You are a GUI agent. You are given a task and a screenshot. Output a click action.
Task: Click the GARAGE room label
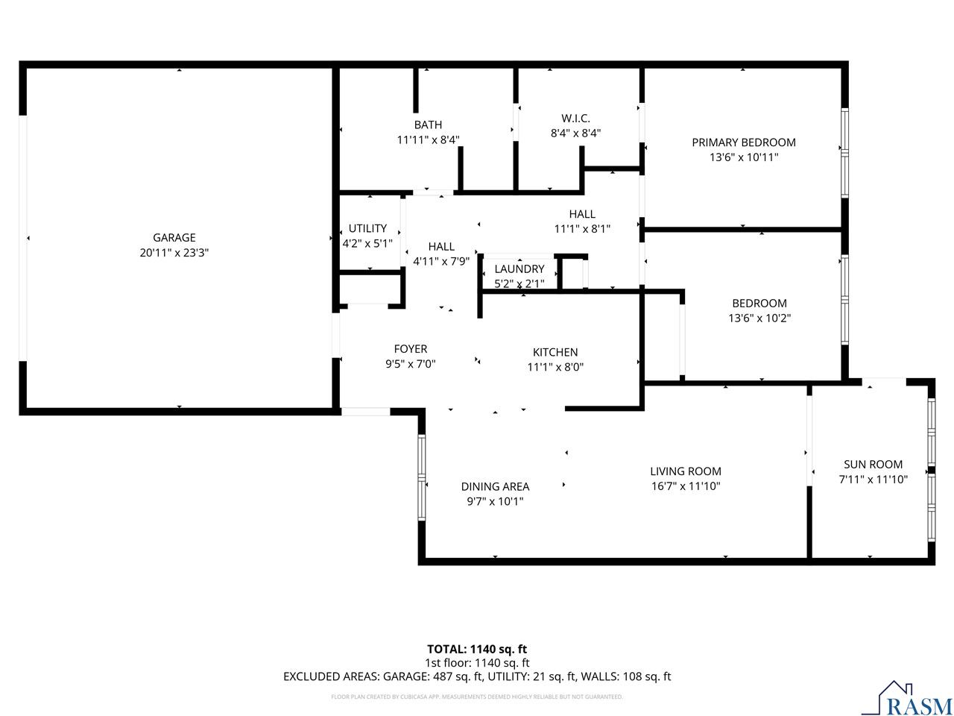coord(174,238)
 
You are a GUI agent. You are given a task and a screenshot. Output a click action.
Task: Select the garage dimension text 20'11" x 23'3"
coord(174,253)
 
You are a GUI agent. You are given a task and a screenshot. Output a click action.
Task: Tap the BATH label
coord(428,125)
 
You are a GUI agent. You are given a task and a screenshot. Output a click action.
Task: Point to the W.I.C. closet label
coord(575,118)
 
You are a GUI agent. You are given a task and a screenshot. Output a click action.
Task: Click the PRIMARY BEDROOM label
coord(743,142)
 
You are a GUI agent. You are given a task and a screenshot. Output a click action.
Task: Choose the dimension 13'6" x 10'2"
coord(759,318)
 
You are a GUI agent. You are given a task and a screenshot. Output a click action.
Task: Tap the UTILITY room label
coord(367,228)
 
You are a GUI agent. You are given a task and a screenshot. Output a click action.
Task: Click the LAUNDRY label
coord(519,268)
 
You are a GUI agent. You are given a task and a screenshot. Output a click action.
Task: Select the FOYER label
coord(411,349)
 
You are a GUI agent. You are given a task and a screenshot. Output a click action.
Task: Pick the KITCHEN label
coord(555,352)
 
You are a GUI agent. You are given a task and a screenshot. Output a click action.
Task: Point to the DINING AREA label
coord(495,486)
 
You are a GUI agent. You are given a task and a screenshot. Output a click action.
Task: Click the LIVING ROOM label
coord(685,471)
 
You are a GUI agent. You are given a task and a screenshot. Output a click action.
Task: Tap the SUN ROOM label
coord(873,464)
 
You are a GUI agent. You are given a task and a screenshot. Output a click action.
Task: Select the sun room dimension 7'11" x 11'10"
coord(873,480)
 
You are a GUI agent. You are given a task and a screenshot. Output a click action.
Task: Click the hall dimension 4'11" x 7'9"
coord(441,262)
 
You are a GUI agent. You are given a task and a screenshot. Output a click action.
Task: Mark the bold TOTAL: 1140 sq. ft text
coord(477,649)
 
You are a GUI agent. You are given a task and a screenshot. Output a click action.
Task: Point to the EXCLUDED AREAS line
coord(477,676)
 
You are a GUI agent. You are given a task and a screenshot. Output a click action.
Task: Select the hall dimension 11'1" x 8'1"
coord(582,230)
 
